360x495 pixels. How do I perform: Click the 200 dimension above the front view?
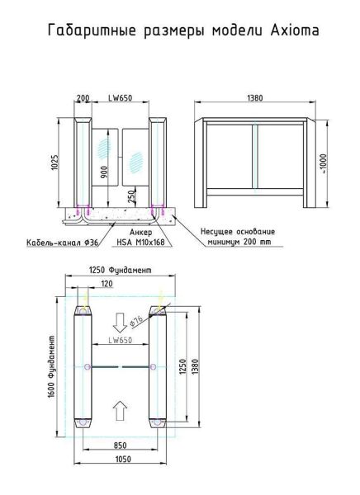click(83, 97)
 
